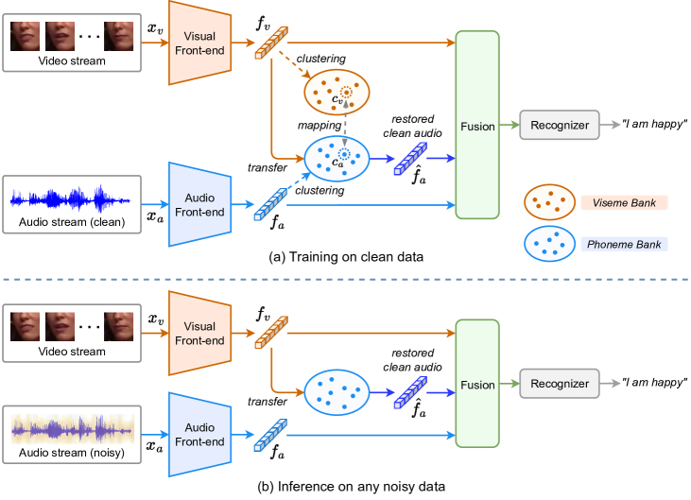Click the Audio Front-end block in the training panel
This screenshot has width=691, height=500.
[x=201, y=204]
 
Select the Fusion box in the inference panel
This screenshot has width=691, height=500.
[x=477, y=385]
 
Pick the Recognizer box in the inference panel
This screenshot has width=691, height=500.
[x=560, y=384]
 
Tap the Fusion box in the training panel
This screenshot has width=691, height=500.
[x=477, y=126]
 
